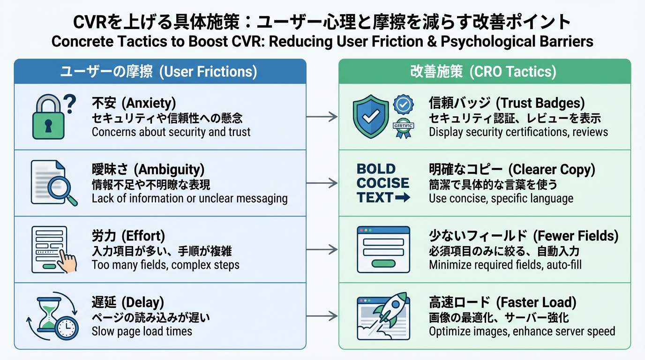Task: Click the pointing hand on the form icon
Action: tap(69, 262)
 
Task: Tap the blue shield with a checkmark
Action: tap(371, 117)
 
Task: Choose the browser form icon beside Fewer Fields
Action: tap(383, 249)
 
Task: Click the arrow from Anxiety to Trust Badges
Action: tap(322, 117)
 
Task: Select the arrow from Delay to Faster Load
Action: tap(322, 316)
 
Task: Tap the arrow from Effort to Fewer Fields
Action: tap(322, 249)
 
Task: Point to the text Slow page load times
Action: tap(142, 331)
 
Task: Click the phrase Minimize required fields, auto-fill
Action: tap(505, 265)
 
